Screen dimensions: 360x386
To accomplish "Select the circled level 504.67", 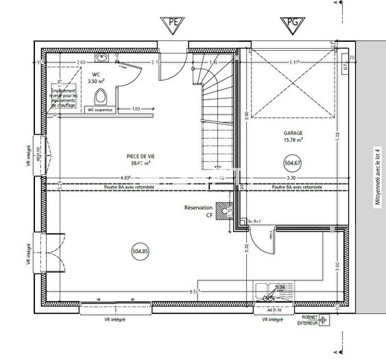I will point(293,163).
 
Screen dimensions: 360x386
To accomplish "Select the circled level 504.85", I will point(141,252).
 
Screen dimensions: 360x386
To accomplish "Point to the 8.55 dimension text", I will point(195,292).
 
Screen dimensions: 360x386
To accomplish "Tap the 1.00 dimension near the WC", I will point(136,109).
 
